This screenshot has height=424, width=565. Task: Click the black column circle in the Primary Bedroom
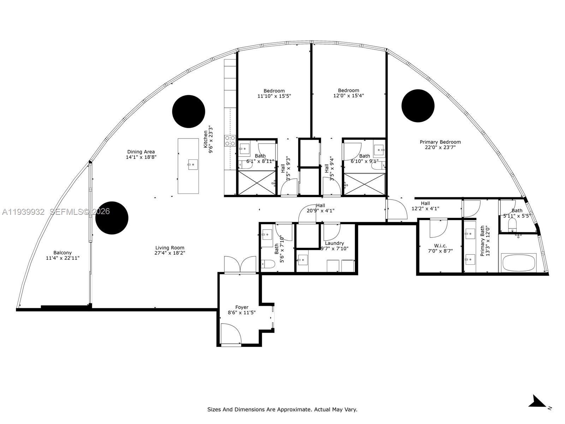pyautogui.click(x=418, y=106)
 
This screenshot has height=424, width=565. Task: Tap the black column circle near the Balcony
pyautogui.click(x=112, y=218)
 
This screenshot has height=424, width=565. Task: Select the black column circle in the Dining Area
pyautogui.click(x=189, y=111)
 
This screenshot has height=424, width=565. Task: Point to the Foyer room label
pyautogui.click(x=242, y=307)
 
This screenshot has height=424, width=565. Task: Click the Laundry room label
pyautogui.click(x=334, y=243)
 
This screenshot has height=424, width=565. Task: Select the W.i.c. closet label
pyautogui.click(x=440, y=246)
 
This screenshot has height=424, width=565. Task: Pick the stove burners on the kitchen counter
pyautogui.click(x=230, y=141)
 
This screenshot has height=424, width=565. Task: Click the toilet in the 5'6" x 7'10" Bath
pyautogui.click(x=268, y=264)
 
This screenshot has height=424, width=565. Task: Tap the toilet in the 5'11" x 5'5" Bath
pyautogui.click(x=512, y=224)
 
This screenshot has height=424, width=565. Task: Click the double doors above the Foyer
pyautogui.click(x=240, y=264)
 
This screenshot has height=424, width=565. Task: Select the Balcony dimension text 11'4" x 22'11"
pyautogui.click(x=63, y=258)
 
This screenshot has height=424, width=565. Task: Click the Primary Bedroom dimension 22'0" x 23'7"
pyautogui.click(x=440, y=147)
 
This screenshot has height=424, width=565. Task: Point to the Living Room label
pyautogui.click(x=169, y=248)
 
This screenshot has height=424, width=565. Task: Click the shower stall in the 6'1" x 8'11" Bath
pyautogui.click(x=256, y=183)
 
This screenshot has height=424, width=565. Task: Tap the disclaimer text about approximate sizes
pyautogui.click(x=282, y=410)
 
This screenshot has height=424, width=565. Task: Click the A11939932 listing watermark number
pyautogui.click(x=23, y=212)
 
